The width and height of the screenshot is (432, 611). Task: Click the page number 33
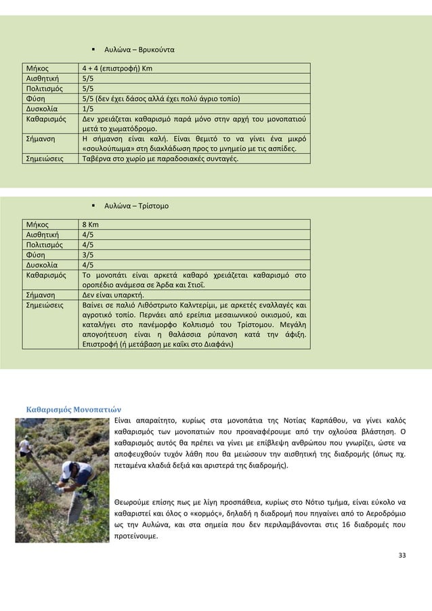(402, 556)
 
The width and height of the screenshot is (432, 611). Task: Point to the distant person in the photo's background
(24, 444)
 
